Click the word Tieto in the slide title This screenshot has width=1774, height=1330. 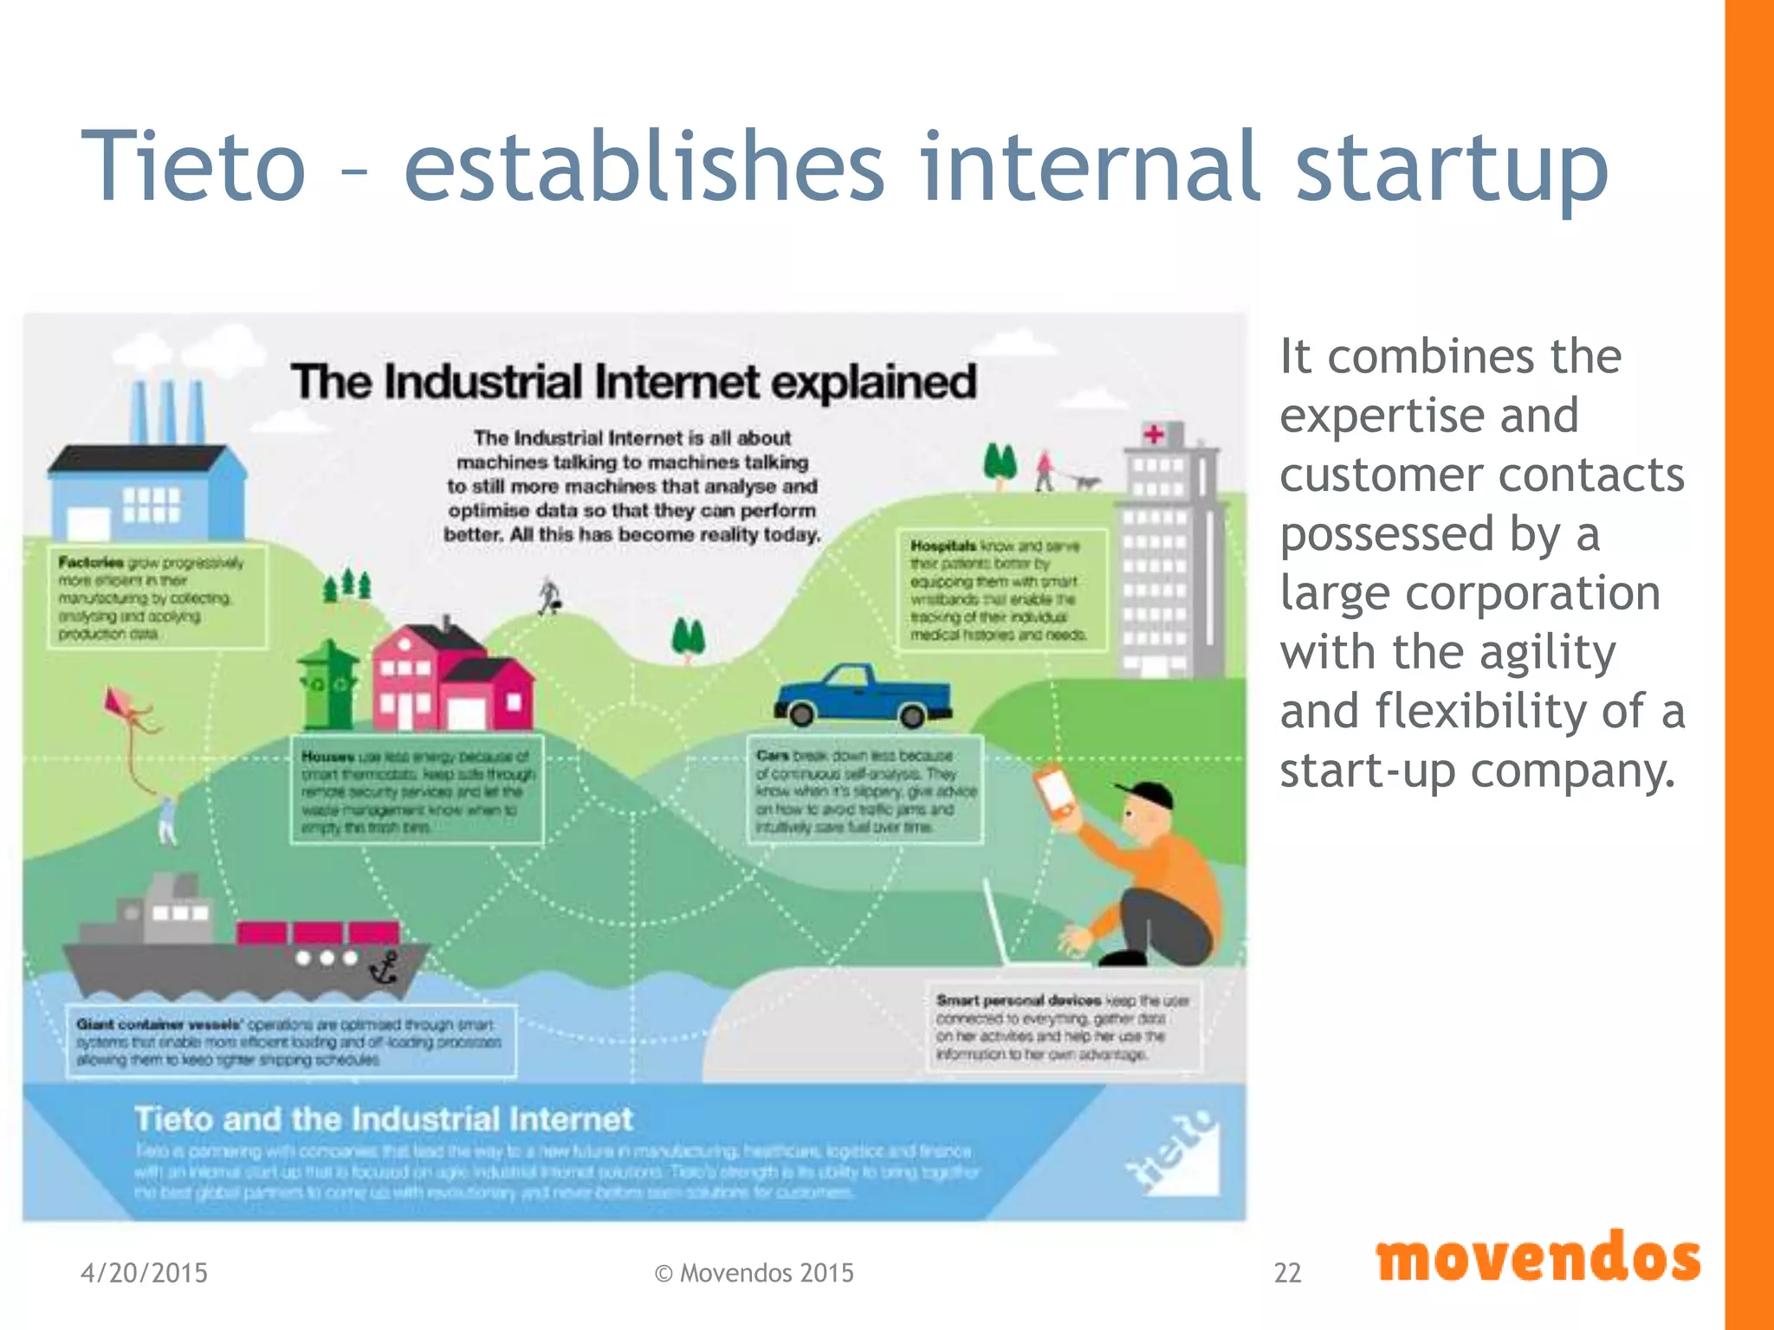pos(192,166)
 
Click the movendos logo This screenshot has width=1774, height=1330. pos(1538,1258)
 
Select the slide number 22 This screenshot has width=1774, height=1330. pos(1287,1273)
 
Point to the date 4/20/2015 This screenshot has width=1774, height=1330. pos(144,1273)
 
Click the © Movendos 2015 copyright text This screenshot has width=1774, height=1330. pos(754,1273)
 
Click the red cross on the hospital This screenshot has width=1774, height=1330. pos(1154,434)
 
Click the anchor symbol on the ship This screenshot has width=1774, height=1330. pos(384,967)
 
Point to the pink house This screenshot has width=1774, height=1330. pos(450,680)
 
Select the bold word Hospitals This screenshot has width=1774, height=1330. pos(942,546)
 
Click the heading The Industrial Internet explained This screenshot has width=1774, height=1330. pos(633,382)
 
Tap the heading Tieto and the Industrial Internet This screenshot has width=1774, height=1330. pos(383,1119)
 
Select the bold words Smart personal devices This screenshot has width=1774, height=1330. pos(1018,1000)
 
